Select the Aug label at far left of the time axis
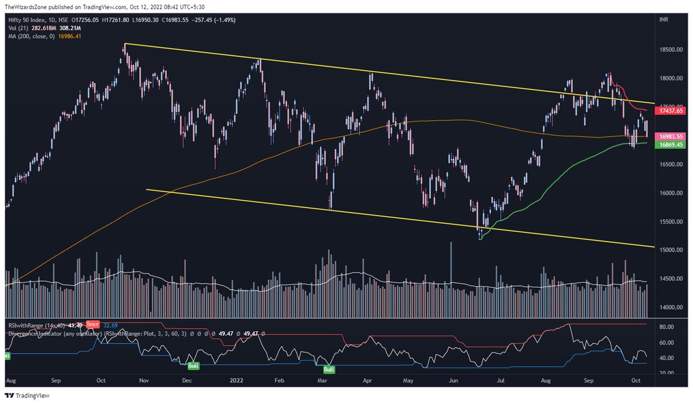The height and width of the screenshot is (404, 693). (10, 381)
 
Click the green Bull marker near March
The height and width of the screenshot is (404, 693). (329, 369)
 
